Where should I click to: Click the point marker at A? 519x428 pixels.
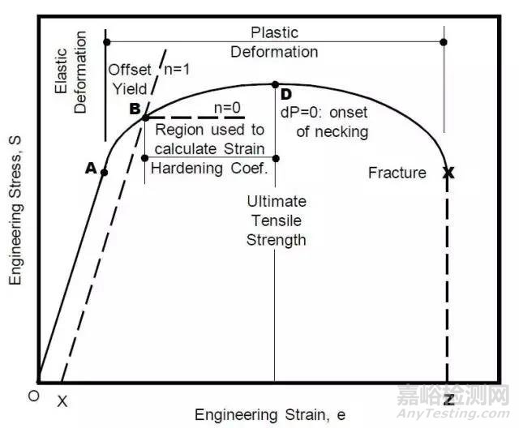104,172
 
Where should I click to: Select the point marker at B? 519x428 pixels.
144,118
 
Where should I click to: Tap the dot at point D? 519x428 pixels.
275,84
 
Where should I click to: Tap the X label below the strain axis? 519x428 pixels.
62,401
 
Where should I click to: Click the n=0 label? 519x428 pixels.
229,109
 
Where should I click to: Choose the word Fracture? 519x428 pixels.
397,173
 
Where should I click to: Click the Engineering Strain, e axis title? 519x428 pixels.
269,415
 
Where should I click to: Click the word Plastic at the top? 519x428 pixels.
274,33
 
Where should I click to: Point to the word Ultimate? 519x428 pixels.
278,202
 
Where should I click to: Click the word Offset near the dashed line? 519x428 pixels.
130,70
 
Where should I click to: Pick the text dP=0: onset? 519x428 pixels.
324,113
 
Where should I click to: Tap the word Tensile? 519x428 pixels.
278,220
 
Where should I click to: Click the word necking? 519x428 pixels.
343,131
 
